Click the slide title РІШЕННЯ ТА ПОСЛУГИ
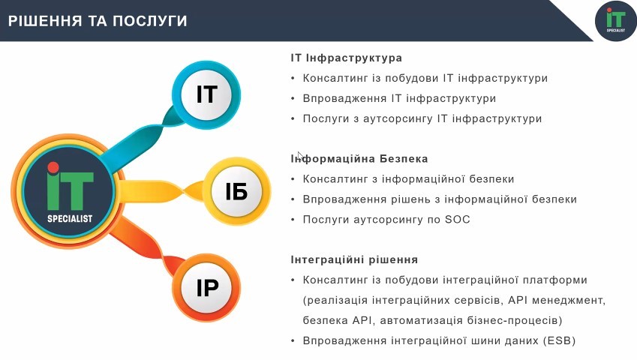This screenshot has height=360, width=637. (x=98, y=21)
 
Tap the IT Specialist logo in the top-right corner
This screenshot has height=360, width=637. (x=615, y=21)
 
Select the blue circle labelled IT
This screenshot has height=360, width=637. (x=206, y=95)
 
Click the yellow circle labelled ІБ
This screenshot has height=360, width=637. (x=236, y=191)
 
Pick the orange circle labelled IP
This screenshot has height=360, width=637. (x=207, y=288)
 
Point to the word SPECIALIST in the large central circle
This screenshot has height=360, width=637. (x=70, y=219)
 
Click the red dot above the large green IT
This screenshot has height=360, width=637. (x=53, y=167)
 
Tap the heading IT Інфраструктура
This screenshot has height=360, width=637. (x=346, y=58)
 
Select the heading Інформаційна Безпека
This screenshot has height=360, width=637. (x=359, y=159)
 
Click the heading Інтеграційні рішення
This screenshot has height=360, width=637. (x=354, y=259)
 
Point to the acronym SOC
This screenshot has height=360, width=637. (x=458, y=220)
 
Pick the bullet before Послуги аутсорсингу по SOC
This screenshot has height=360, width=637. (x=293, y=220)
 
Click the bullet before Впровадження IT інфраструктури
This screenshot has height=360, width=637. (x=293, y=98)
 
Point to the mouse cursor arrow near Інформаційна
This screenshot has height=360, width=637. (x=300, y=156)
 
